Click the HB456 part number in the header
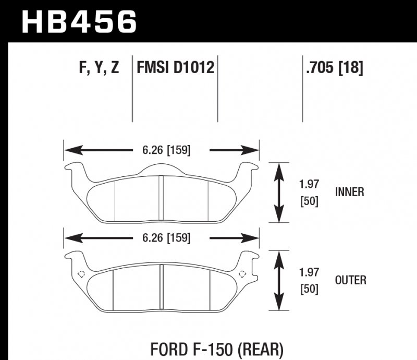[78, 22]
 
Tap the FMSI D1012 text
[175, 68]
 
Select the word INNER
[349, 192]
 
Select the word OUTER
[350, 280]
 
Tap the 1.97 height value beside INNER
[310, 184]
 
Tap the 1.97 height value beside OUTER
[310, 272]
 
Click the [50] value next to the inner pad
[310, 200]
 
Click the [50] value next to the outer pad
[310, 288]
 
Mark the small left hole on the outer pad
[81, 274]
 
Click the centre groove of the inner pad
[161, 198]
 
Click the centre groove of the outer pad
[161, 287]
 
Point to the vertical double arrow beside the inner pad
[280, 192]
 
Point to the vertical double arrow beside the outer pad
[280, 280]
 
